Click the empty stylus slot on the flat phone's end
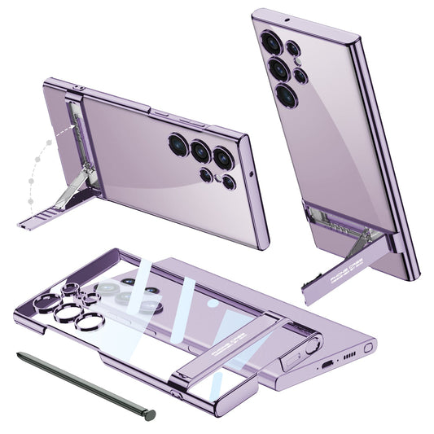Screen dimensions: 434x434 click(369, 348)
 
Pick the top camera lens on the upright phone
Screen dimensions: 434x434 click(269, 41)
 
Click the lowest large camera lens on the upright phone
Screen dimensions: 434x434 click(287, 95)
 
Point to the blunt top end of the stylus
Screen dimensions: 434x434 click(19, 354)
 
